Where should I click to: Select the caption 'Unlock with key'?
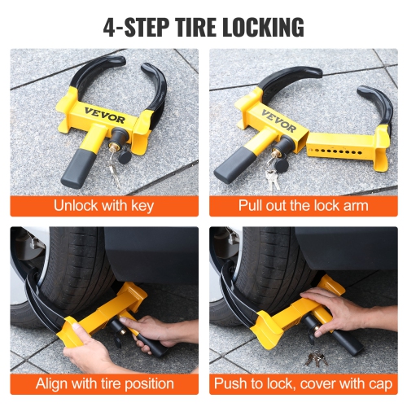pos(103,205)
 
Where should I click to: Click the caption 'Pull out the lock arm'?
pos(303,205)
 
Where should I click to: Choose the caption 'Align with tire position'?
pos(103,383)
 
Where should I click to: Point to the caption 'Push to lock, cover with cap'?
pos(303,383)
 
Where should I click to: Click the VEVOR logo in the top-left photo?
pos(101,112)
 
